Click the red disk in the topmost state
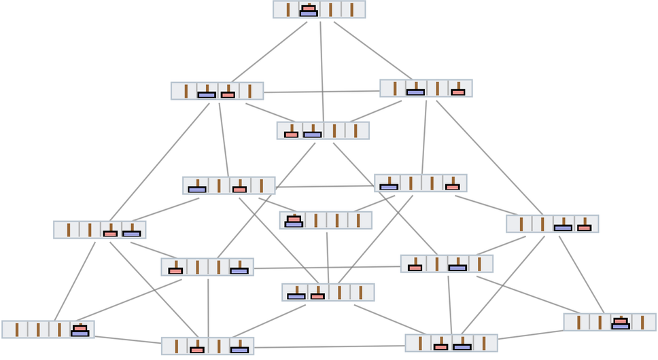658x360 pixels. click(309, 8)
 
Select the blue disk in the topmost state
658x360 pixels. click(309, 13)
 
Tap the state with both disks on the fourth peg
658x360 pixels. click(48, 329)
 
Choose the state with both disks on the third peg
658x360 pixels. click(610, 322)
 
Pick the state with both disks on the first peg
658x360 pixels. click(326, 220)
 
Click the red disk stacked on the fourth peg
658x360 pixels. click(80, 328)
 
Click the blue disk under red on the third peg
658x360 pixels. click(620, 326)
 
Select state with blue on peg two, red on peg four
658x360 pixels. click(426, 88)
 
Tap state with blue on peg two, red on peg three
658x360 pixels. click(218, 91)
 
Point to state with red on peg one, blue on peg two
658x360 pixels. click(323, 130)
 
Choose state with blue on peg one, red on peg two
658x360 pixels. click(328, 292)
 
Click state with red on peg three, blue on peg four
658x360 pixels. click(100, 230)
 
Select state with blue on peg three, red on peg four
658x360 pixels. click(552, 223)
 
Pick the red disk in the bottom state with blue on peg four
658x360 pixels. click(197, 350)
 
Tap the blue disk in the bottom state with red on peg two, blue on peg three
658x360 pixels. click(462, 347)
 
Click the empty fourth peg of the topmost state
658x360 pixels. click(352, 10)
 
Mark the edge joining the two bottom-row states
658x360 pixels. click(330, 347)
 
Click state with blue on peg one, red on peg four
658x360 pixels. click(421, 183)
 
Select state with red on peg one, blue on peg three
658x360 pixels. click(447, 264)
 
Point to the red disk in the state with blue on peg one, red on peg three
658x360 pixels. click(239, 190)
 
